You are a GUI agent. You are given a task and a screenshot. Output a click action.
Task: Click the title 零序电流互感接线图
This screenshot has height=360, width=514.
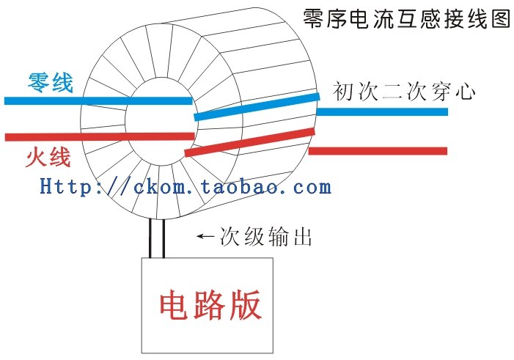pyautogui.click(x=406, y=19)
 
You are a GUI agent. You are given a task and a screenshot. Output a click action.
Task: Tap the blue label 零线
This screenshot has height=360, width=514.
pyautogui.click(x=51, y=83)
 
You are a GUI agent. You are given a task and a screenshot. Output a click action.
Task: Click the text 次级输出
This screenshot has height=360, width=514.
pyautogui.click(x=266, y=238)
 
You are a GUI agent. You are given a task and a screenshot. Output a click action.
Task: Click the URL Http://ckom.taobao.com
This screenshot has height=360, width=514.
pyautogui.click(x=186, y=186)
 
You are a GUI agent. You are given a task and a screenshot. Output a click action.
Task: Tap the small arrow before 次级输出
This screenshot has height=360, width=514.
pyautogui.click(x=206, y=238)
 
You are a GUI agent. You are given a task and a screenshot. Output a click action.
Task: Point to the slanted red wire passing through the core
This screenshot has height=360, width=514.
pyautogui.click(x=249, y=143)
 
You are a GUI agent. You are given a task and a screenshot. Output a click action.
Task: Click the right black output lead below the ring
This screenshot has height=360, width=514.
pyautogui.click(x=162, y=238)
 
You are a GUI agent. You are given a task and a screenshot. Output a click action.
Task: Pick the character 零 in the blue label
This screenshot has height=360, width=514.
pyautogui.click(x=39, y=83)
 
